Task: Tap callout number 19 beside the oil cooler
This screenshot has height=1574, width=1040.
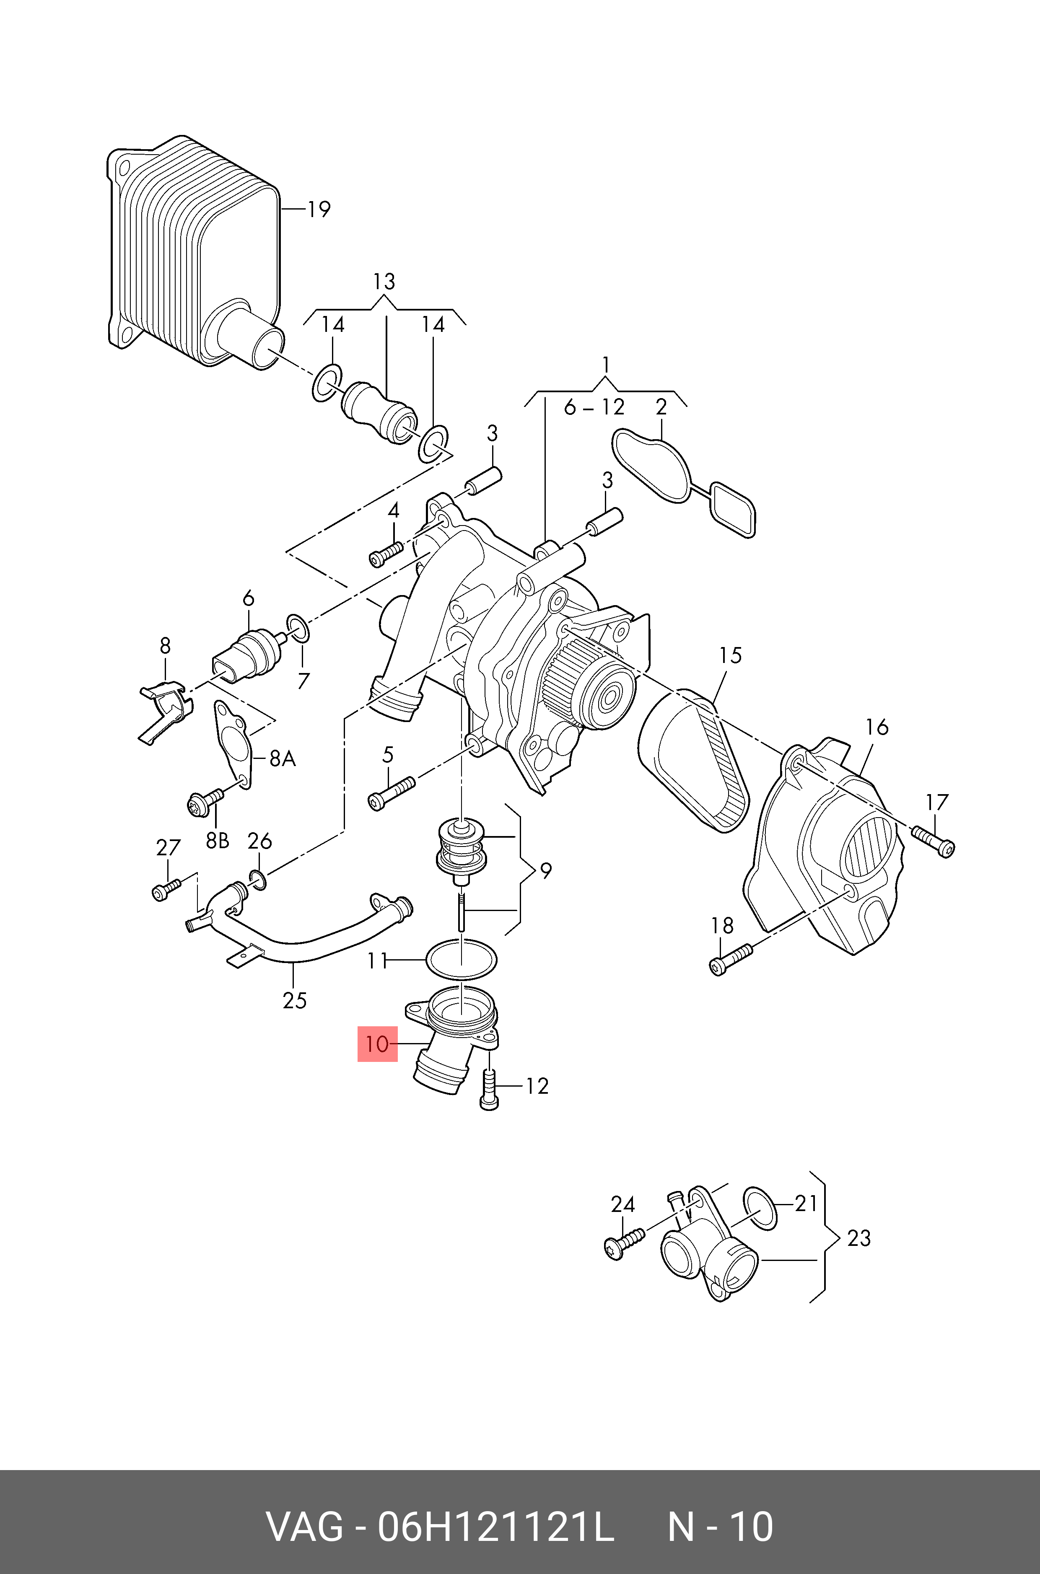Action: pos(318,210)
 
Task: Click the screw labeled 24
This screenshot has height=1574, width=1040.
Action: pos(625,1243)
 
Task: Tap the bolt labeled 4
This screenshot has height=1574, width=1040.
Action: pos(385,554)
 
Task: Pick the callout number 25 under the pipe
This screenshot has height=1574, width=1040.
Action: pos(295,1000)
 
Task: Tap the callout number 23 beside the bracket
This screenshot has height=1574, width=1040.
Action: pos(859,1238)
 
